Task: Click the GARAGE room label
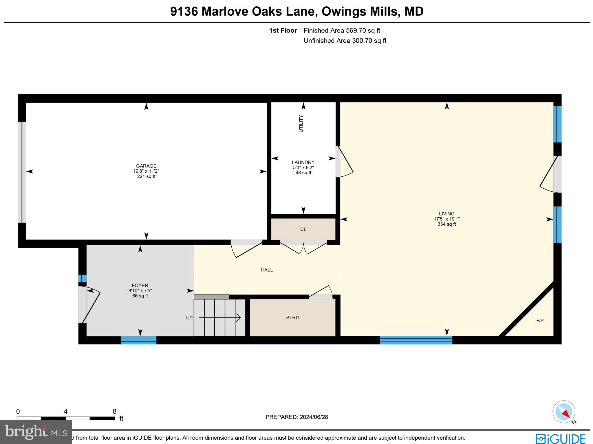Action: coord(146,166)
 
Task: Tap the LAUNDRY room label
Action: coord(303,162)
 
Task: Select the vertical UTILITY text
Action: coord(301,124)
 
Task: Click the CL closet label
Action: coord(303,229)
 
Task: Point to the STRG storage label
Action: coord(292,317)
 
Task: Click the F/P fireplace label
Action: coord(540,320)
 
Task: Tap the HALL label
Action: coord(267,270)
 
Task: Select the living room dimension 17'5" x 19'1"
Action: coord(446,219)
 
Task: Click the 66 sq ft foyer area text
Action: coord(140,296)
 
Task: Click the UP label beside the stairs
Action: coord(189,318)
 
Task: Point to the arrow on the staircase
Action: coord(220,318)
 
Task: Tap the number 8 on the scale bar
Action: coord(114,412)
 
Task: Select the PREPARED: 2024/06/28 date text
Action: coord(296,417)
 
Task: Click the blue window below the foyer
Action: coord(138,340)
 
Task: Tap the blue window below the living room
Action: coord(416,340)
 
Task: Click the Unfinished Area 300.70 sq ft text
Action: coord(345,41)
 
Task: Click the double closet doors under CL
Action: coord(303,249)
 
